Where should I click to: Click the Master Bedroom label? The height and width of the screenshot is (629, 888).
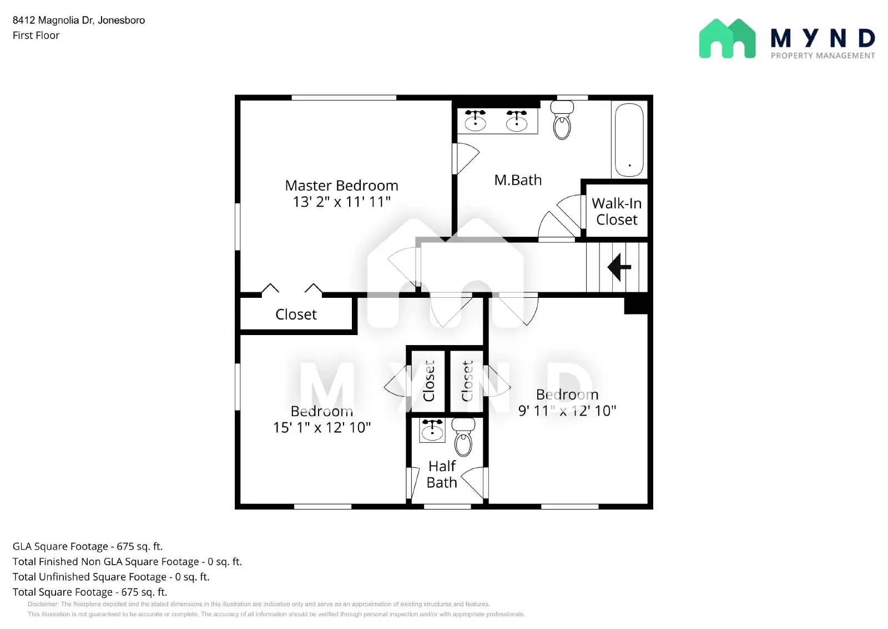click(x=341, y=186)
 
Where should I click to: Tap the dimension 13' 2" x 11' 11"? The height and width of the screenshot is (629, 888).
click(x=341, y=202)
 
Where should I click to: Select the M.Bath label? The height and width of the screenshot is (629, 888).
click(x=518, y=180)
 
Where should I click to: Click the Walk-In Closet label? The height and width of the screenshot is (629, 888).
click(x=617, y=212)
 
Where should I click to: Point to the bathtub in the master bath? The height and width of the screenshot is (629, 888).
click(x=629, y=140)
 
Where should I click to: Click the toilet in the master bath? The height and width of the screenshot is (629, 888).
click(x=562, y=123)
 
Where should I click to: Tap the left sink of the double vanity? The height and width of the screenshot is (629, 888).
click(x=475, y=121)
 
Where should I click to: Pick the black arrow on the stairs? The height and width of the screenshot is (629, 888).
click(x=619, y=267)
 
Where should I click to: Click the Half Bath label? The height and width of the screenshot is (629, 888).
click(x=442, y=474)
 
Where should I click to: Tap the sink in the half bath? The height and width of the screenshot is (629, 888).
click(x=432, y=430)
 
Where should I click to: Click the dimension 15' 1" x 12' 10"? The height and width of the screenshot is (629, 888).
click(x=322, y=427)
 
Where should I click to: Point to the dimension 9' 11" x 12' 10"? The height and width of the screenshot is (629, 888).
click(x=567, y=411)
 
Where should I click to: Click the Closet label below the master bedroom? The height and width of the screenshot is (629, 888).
click(x=296, y=314)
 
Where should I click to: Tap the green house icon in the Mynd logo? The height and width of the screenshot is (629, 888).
click(x=727, y=39)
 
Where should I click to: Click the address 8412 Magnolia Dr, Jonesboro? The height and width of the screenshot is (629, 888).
click(x=79, y=20)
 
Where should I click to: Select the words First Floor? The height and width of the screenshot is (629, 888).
click(x=36, y=35)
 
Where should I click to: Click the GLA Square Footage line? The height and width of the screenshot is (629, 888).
click(x=88, y=546)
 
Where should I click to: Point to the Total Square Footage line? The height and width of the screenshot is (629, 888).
click(x=90, y=592)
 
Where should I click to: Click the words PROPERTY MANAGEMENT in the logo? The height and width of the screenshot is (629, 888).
click(x=823, y=56)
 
